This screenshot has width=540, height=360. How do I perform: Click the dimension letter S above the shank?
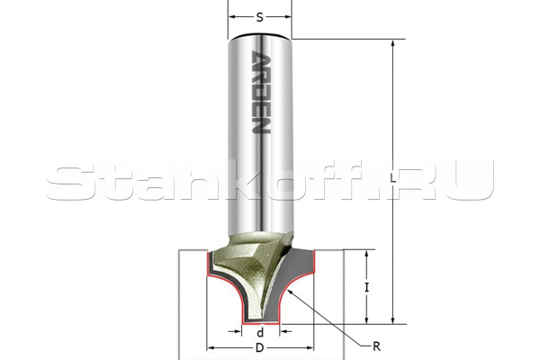260,17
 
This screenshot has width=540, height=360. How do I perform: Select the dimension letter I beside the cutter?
367,287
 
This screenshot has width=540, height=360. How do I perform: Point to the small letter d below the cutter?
261,332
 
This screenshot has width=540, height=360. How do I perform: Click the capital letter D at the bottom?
260,348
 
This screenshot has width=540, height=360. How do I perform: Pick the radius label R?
376,346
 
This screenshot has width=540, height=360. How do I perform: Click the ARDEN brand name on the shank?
261,93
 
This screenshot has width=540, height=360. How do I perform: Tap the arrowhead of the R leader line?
291,292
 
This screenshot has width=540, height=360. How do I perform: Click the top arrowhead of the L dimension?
393,44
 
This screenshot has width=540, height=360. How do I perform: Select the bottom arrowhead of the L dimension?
393,319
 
